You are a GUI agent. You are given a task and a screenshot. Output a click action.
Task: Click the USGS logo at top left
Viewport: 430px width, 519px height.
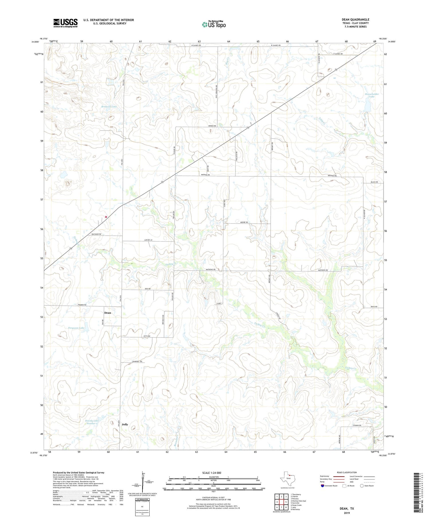click(65, 23)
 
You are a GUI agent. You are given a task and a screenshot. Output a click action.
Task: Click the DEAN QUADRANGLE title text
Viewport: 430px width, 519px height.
click(355, 19)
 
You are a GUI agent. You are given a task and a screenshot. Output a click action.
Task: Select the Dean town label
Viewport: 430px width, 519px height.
click(107, 313)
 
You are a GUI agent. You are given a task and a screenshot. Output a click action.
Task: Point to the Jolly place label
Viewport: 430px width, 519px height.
click(125, 424)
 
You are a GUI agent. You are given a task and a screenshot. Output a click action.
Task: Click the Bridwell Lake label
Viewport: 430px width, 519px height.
click(109, 106)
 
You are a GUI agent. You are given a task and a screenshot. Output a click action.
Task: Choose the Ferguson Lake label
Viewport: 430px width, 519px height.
click(76, 328)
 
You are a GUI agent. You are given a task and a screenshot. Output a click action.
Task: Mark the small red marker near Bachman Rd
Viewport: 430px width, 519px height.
click(106, 217)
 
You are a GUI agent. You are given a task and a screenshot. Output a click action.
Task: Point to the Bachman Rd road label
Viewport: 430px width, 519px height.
click(96, 234)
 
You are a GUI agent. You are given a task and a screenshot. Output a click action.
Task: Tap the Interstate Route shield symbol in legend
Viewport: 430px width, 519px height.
click(322, 486)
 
